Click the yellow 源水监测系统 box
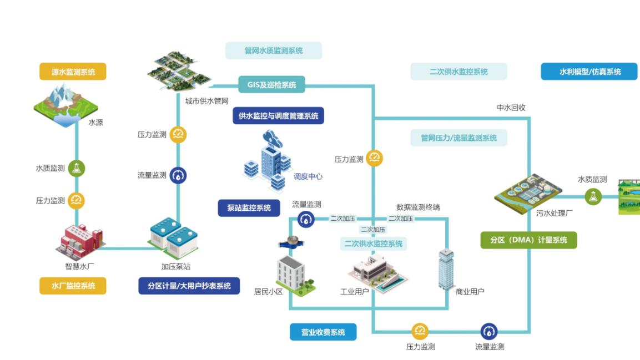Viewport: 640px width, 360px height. click(x=73, y=72)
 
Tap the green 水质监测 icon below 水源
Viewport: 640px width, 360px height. click(x=77, y=168)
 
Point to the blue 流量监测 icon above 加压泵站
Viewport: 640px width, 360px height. click(x=178, y=175)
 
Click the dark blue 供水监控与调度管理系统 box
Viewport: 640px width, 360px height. click(x=278, y=116)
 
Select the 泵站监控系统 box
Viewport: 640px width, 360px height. click(x=249, y=208)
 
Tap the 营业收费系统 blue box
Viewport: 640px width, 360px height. click(x=323, y=332)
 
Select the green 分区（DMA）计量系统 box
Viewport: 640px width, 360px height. click(x=528, y=240)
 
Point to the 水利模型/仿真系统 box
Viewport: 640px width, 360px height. click(x=589, y=72)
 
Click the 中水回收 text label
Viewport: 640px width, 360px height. click(x=511, y=108)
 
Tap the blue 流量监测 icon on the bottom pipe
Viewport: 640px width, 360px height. click(x=489, y=332)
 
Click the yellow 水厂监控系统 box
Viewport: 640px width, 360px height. click(x=73, y=286)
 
